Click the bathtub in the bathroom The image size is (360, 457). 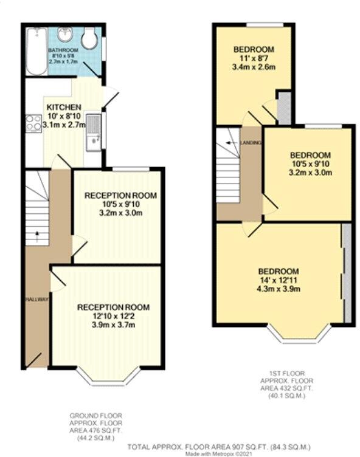pos(36,52)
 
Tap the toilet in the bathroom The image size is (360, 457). pos(90,40)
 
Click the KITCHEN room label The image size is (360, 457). pos(64,107)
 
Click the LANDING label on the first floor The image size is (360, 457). pos(251,143)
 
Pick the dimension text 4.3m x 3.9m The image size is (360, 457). pos(279,289)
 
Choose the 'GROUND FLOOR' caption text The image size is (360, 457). pos(97,415)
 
